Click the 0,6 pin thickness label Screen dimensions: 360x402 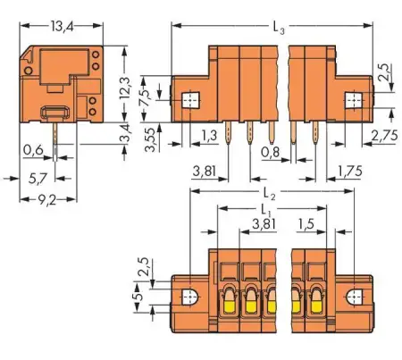[x=33, y=148]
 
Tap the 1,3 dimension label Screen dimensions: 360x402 [x=209, y=136]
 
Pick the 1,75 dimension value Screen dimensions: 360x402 [x=351, y=169]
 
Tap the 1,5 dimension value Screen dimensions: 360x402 [x=307, y=223]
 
